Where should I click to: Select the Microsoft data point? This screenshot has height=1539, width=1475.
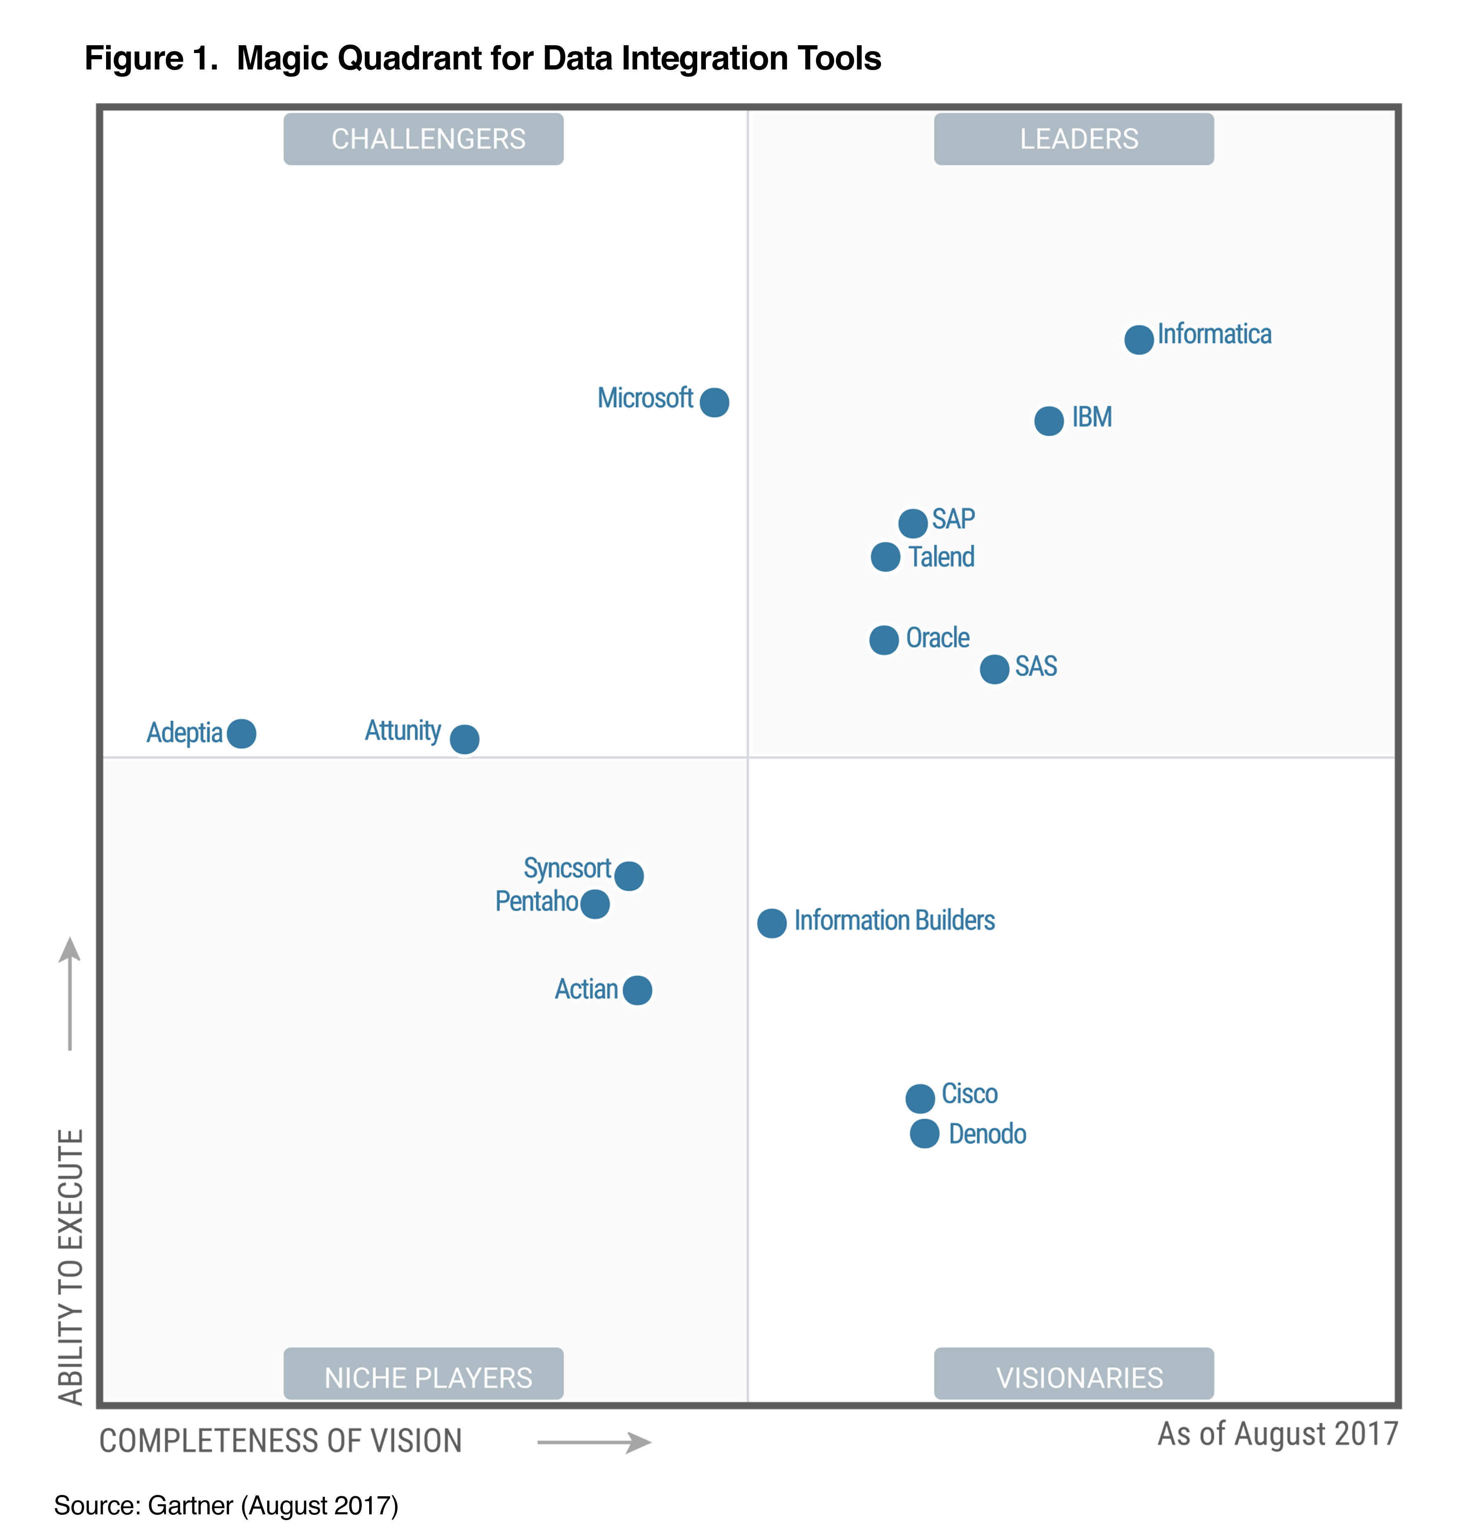point(714,402)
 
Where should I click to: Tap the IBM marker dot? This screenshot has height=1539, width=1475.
point(1049,421)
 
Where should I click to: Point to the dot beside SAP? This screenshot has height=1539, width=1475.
point(913,523)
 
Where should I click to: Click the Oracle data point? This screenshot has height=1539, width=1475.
point(883,640)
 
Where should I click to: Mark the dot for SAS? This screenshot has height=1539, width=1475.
point(994,669)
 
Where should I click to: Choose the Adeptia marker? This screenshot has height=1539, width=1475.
point(241,733)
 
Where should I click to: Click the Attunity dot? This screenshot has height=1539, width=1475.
point(464,739)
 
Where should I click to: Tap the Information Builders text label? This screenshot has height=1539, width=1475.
point(894,920)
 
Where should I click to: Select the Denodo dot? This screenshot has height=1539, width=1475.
point(925,1134)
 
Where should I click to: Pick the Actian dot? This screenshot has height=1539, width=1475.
point(637,990)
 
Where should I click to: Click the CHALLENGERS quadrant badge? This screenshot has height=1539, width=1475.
point(423,139)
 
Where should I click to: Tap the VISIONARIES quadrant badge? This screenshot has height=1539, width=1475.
point(1074,1377)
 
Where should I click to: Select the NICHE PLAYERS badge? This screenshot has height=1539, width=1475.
point(423,1377)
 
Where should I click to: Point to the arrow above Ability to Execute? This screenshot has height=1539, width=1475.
point(70,993)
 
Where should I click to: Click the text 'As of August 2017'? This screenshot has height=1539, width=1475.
point(1277,1434)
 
